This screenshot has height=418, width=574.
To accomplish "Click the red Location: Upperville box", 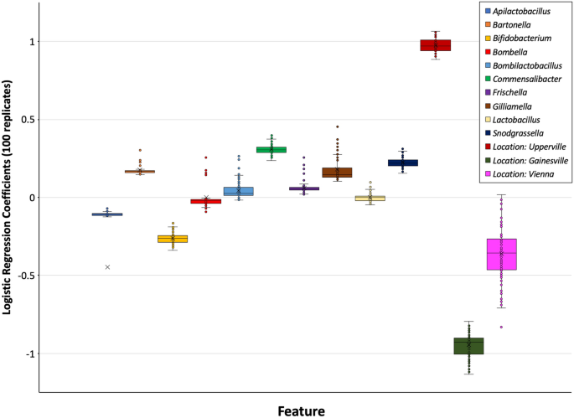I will (435, 45).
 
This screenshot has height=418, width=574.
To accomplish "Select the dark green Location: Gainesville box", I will (468, 346).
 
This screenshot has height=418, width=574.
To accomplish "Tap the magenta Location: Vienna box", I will (501, 254).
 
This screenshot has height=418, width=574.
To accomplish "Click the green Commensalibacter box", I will (271, 150).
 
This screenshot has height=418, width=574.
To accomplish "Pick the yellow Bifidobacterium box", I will (173, 239).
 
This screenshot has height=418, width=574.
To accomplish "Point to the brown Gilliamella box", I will (337, 173).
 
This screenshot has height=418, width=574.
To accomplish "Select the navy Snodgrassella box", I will (402, 163).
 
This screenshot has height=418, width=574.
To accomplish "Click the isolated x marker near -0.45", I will (107, 267).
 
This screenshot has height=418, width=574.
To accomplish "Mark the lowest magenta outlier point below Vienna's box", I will (501, 327).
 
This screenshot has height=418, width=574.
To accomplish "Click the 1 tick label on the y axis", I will (30, 42).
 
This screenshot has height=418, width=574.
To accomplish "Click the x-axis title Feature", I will (301, 410).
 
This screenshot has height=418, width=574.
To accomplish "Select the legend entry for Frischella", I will (512, 92).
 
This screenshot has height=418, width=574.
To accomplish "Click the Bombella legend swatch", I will (488, 52).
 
